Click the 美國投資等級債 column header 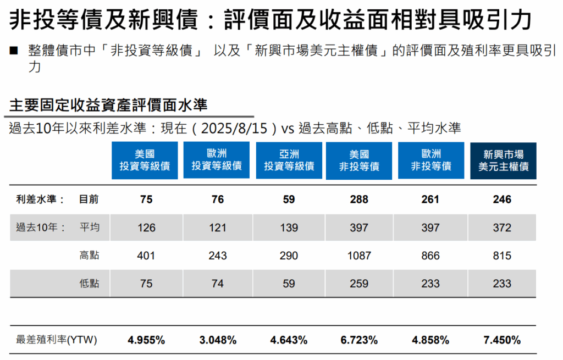145,160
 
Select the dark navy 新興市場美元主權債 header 503,160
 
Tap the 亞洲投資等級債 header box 289,160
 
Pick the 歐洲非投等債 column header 431,160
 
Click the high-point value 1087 359,256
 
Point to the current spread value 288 359,200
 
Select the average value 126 146,228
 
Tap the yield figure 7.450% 502,340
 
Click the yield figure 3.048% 218,340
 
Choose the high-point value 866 430,256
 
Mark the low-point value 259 359,284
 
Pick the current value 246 502,200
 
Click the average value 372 502,228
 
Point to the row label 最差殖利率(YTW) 57,340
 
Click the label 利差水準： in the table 41,200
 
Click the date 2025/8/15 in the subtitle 238,129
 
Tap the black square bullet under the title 13,52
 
